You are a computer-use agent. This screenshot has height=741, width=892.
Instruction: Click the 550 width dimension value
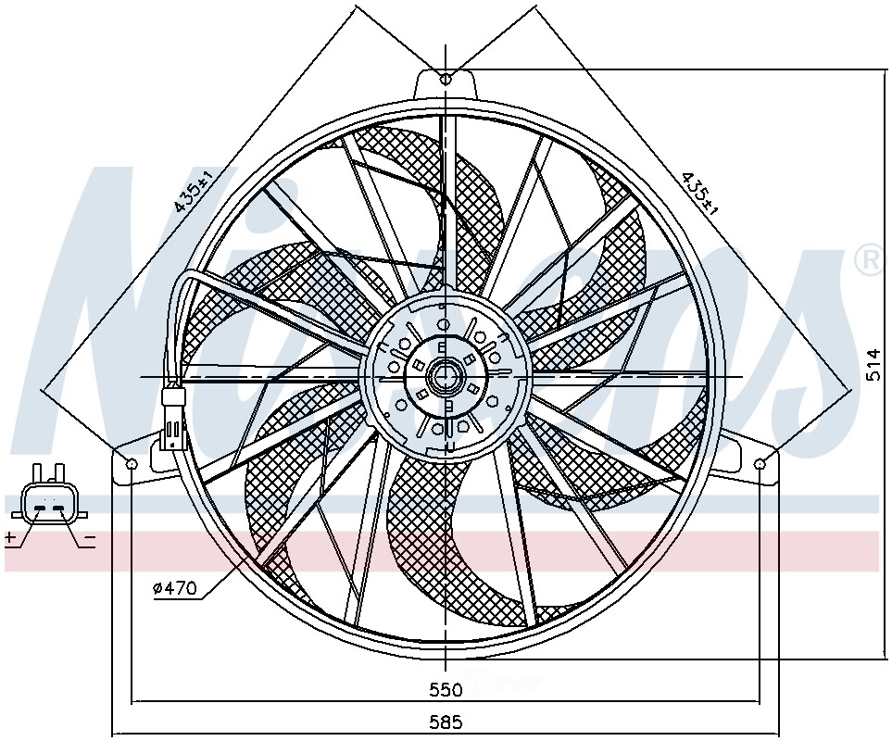coord(445,690)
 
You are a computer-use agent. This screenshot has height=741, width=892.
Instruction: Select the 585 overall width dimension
coord(445,722)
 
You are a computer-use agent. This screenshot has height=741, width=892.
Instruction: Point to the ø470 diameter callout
coord(175,587)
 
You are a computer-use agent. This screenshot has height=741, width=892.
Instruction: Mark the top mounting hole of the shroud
coord(446,78)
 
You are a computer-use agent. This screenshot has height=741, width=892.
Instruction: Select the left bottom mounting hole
coord(132,462)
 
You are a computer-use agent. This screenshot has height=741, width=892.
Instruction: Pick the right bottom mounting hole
coord(760,462)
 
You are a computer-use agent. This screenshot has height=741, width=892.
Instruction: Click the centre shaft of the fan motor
coord(446,376)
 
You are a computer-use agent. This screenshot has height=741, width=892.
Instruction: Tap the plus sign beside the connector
coord(10,537)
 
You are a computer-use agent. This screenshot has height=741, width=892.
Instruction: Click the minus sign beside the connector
coord(89,537)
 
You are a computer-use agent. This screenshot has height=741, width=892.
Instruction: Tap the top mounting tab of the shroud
coord(446,84)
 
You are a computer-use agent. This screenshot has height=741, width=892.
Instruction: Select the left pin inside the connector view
coord(40,508)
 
